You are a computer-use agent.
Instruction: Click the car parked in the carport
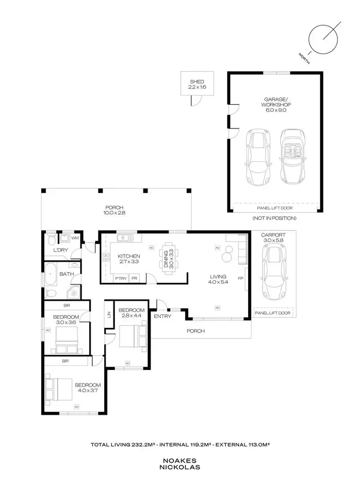pos(273,271)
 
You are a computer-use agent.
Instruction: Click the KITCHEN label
pos(129,256)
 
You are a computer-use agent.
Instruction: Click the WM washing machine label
pos(75,237)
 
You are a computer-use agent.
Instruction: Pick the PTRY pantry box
pos(120,278)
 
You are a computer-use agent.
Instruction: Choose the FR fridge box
pos(134,278)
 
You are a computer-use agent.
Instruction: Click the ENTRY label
pos(162,316)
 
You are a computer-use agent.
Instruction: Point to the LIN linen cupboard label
pos(109,314)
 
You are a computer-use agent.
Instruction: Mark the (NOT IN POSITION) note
pos(275,218)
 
